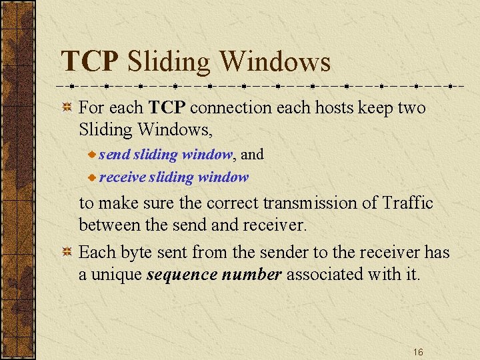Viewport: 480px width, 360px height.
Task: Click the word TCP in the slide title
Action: pos(90,62)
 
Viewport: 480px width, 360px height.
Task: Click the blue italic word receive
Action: pos(122,177)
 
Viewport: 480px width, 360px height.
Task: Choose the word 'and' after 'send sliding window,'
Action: pos(252,155)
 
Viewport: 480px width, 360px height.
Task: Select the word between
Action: pos(111,225)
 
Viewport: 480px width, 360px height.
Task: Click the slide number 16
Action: pos(418,351)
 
